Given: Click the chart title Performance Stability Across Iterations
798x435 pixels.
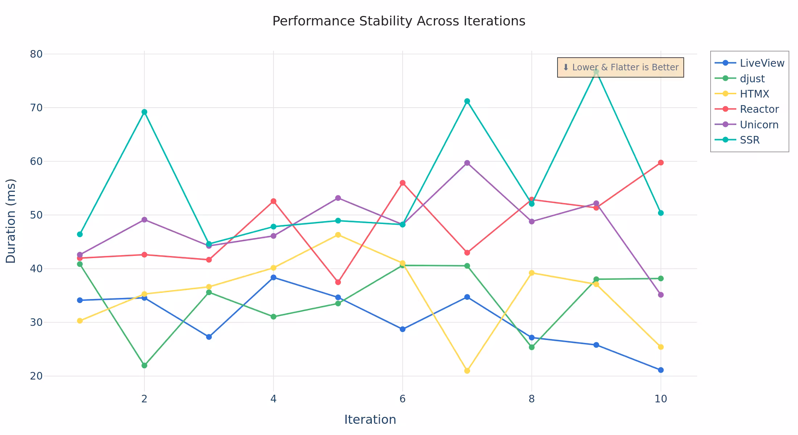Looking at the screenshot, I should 399,21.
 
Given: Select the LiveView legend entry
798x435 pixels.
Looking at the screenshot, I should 762,63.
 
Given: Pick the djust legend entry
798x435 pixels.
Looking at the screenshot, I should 752,79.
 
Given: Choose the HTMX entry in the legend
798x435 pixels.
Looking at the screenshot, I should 754,94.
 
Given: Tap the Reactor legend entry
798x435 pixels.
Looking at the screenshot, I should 759,109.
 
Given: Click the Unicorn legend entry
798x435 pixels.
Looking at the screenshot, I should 759,125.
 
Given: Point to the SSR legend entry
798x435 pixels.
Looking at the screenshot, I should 749,140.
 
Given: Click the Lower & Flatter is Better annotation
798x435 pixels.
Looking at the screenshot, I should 620,67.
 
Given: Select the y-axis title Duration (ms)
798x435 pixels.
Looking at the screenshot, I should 11,221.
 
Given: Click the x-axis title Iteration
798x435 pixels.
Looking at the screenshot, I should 370,419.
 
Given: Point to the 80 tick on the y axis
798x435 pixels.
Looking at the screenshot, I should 36,54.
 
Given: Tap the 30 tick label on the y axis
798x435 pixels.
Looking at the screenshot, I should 36,322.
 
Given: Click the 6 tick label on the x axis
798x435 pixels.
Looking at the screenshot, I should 402,399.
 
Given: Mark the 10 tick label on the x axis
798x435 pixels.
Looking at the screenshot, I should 661,399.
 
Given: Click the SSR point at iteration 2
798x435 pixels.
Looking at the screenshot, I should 144,112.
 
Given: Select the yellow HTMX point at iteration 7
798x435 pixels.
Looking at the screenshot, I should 467,370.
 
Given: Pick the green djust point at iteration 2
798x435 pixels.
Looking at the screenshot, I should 144,365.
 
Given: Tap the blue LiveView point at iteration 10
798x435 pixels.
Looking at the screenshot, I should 661,370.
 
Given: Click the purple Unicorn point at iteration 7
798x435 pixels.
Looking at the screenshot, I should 467,163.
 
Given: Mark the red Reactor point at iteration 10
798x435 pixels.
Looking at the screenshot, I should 661,162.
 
